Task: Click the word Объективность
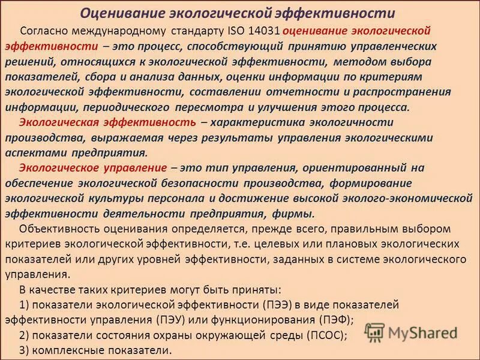(x=56, y=229)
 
